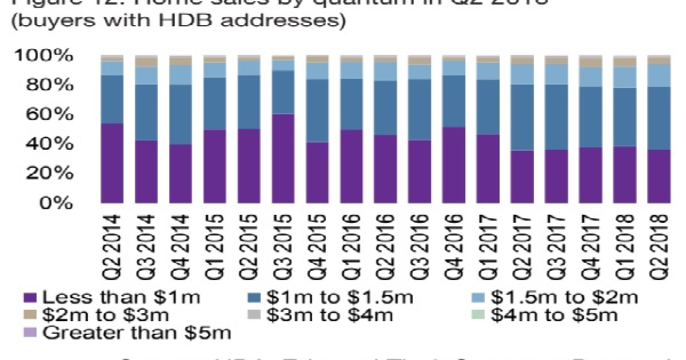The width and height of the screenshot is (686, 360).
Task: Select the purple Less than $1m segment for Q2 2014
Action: click(111, 163)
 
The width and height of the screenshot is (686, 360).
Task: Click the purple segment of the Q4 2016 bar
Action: click(453, 165)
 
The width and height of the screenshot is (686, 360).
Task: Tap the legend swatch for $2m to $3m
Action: click(30, 315)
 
